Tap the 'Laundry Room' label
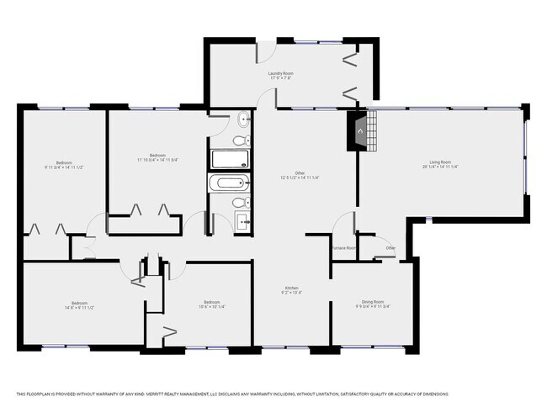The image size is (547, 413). point(280,73)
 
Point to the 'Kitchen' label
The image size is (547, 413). point(289,287)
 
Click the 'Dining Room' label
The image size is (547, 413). point(372,301)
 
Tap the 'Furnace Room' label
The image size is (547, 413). point(344,248)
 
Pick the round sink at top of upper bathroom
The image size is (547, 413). point(242,120)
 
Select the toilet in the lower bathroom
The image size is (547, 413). point(240,203)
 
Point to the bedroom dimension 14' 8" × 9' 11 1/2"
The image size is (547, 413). point(78,308)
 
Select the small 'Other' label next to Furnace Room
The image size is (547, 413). point(390,248)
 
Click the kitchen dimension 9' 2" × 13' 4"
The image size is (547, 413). point(289,293)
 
